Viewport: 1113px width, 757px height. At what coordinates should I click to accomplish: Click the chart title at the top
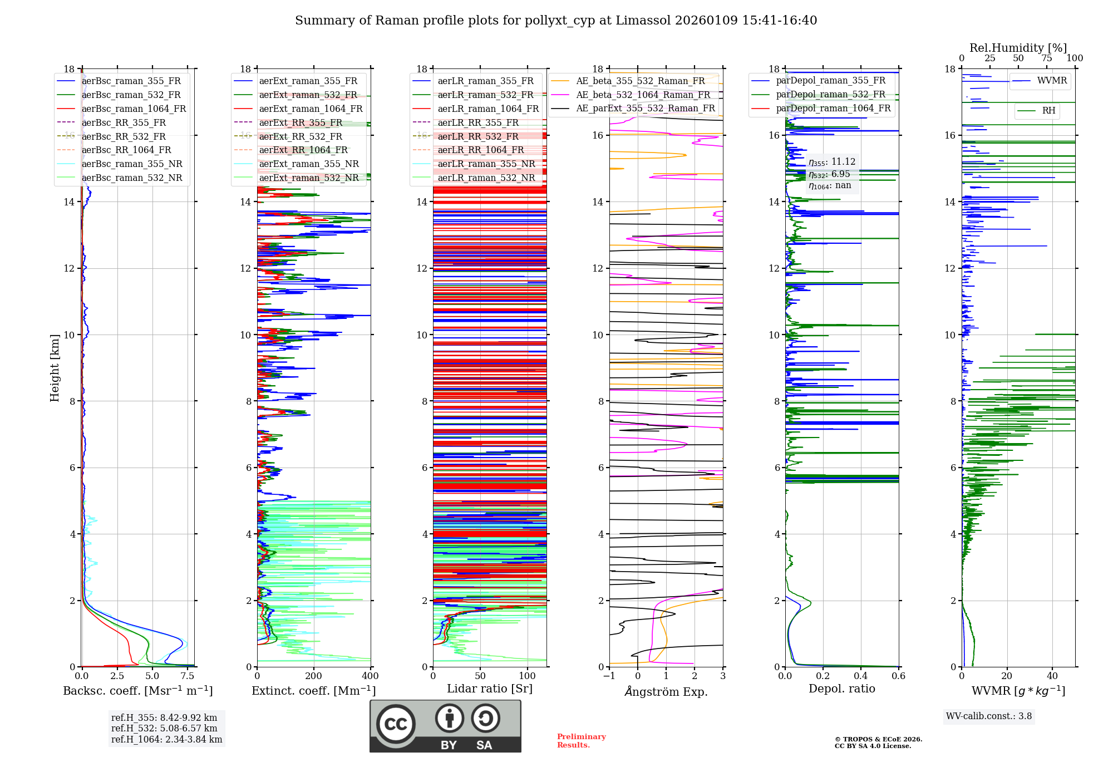pos(555,21)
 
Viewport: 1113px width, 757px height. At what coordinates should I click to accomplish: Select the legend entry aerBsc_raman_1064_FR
pos(134,109)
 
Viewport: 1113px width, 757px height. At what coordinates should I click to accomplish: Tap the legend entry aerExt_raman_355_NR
pos(309,164)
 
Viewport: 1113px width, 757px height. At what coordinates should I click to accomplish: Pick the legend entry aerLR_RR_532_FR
pos(477,137)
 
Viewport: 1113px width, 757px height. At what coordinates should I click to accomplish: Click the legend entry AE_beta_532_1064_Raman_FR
pos(643,95)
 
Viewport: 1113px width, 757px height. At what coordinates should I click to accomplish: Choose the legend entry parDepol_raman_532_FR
pos(830,95)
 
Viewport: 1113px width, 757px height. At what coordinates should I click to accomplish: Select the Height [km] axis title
pos(55,368)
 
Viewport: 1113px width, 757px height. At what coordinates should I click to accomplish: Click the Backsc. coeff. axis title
pos(137,691)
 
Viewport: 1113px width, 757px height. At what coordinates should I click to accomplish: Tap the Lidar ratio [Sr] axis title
pos(489,689)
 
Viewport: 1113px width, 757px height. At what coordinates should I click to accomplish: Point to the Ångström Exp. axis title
pos(666,692)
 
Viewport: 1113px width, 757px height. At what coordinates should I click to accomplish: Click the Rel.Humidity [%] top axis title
pos(1018,48)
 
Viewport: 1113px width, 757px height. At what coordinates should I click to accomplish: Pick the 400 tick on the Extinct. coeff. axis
pos(370,676)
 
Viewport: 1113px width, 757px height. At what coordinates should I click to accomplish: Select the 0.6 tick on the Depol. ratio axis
pos(898,676)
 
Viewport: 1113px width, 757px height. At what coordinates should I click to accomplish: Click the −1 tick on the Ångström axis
pos(609,676)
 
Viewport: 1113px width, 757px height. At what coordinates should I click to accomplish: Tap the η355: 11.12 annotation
pos(832,162)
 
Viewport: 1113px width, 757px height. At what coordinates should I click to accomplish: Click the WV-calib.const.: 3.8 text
pos(988,716)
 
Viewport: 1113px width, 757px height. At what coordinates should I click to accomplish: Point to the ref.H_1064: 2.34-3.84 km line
pos(166,740)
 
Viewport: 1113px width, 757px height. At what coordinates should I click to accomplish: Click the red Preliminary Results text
pos(581,741)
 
